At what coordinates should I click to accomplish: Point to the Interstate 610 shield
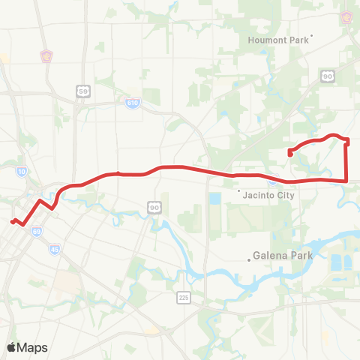(133, 102)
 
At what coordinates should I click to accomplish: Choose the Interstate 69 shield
(37, 232)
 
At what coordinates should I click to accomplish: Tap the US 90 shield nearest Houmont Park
(328, 75)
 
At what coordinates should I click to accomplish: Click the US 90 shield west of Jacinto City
(154, 207)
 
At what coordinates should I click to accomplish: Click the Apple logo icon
(12, 348)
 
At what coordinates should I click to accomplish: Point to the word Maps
(33, 348)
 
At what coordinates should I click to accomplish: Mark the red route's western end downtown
(11, 220)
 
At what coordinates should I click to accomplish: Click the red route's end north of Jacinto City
(289, 154)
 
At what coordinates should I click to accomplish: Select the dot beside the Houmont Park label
(312, 35)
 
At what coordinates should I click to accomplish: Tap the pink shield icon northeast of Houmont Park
(347, 16)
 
